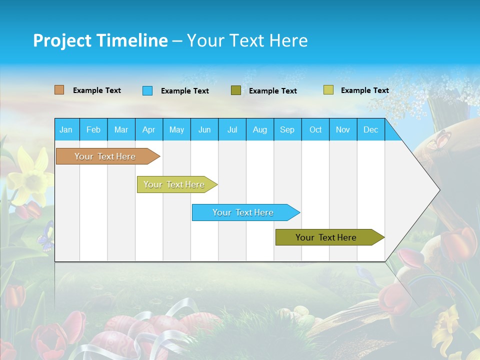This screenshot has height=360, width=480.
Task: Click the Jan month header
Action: [x=66, y=129]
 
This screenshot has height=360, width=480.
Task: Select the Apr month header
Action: [x=148, y=129]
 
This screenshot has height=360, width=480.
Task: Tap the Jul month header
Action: [x=232, y=129]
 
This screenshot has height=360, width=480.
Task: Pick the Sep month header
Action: [x=287, y=129]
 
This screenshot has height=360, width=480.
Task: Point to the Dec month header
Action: [x=370, y=129]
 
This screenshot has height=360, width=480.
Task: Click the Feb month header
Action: [x=93, y=129]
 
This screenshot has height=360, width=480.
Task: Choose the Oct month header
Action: [x=315, y=129]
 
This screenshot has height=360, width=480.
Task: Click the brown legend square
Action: [x=59, y=90]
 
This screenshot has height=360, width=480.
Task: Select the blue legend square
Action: [x=147, y=90]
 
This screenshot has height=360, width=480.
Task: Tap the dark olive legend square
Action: [x=235, y=90]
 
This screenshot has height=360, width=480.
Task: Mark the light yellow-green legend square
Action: [x=328, y=90]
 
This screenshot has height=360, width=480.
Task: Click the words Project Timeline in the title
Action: [x=100, y=40]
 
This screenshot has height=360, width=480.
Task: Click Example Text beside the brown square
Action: [x=96, y=90]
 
